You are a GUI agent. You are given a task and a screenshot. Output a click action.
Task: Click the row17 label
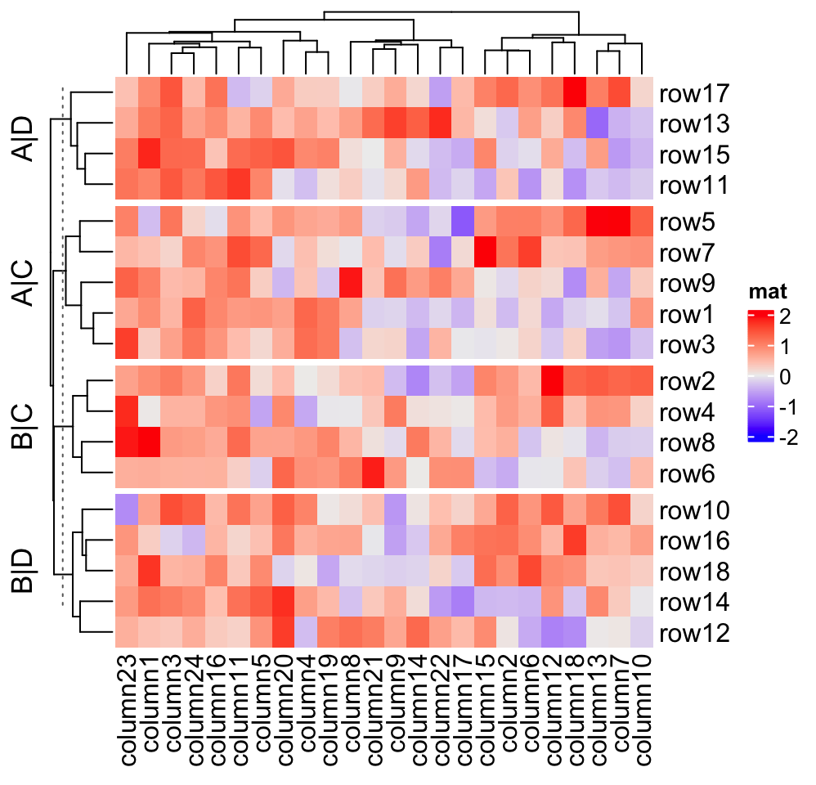tap(694, 92)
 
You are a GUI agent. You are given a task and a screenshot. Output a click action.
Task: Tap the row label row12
tap(694, 633)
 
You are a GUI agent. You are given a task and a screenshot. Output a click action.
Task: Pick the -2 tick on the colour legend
tap(787, 437)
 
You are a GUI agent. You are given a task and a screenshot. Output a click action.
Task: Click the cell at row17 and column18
tap(575, 92)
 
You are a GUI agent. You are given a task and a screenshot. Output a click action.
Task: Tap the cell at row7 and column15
tap(485, 253)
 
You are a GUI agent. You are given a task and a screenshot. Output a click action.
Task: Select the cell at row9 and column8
tap(351, 284)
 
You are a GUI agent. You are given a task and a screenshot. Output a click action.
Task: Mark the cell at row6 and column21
tap(373, 473)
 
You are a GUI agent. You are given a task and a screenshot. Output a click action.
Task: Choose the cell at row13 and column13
tap(597, 123)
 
